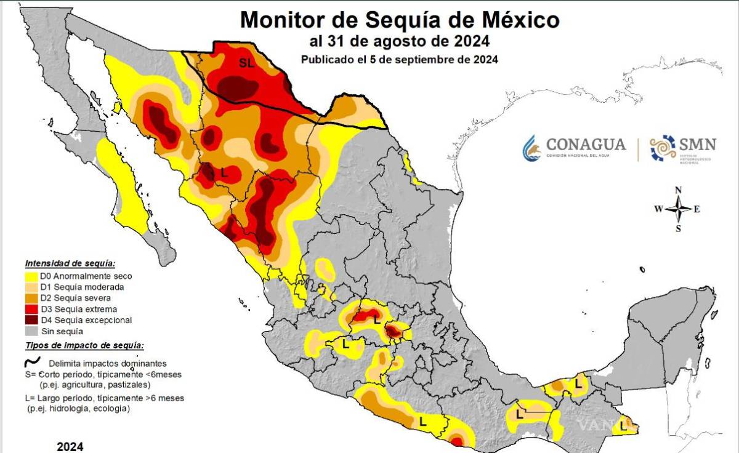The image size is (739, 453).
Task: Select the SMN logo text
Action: [x=697, y=145]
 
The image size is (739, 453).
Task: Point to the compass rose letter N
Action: [x=678, y=190]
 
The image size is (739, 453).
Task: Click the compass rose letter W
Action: [x=658, y=209]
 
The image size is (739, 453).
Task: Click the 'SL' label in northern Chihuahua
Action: [x=246, y=62]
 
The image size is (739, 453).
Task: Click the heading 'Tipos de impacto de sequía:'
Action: [x=84, y=346]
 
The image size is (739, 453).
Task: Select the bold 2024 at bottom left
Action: [x=70, y=446]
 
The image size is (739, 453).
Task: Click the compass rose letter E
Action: [x=697, y=209]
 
